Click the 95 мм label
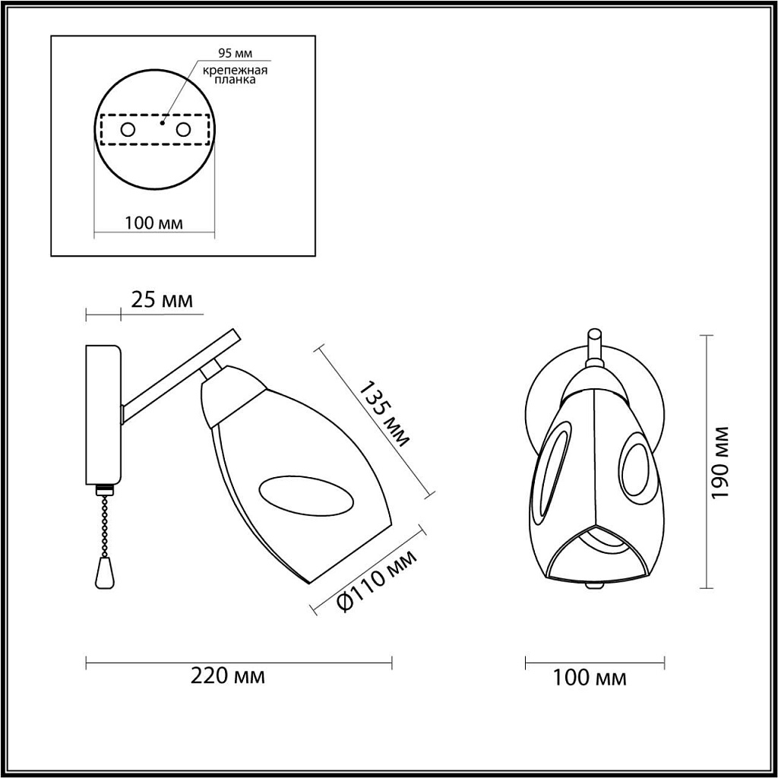coord(236,54)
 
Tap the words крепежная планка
coord(235,74)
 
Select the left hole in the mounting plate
coord(128,130)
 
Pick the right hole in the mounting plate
coord(183,130)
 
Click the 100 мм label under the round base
coord(153,223)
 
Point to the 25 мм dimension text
coord(162,300)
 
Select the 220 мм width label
coord(228,676)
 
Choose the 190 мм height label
coord(719,463)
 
